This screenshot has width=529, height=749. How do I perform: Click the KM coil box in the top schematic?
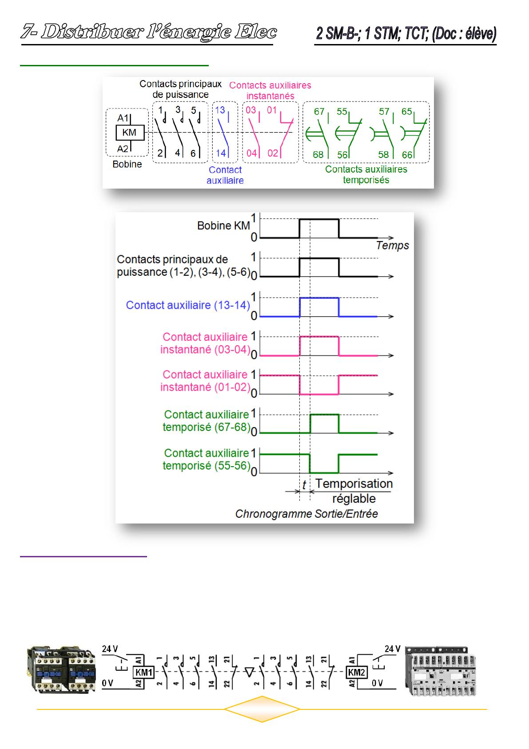point(129,133)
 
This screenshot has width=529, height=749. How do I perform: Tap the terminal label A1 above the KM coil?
point(123,118)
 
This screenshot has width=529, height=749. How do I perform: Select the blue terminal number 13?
point(220,110)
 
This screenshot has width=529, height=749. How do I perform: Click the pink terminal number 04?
point(252,153)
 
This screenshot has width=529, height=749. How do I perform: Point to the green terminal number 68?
point(318,155)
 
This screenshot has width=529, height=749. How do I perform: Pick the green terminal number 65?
point(407,112)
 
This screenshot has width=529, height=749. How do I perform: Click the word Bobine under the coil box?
point(127,165)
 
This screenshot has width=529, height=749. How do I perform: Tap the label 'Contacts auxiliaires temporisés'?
point(366,175)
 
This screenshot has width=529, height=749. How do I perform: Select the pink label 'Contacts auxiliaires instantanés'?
point(270,90)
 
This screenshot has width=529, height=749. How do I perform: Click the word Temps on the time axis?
point(392,246)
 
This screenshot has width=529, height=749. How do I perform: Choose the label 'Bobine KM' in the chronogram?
point(223,226)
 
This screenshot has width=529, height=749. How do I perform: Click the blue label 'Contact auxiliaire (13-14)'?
point(188,306)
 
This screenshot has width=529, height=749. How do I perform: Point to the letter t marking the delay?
point(304,485)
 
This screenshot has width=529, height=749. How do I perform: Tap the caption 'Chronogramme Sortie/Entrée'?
point(306,514)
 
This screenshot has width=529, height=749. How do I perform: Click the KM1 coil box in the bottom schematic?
point(143,672)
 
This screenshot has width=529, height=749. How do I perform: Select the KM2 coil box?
point(357,672)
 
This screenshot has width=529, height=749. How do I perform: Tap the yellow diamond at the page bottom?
point(262,709)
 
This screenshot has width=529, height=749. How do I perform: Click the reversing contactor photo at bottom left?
point(61,670)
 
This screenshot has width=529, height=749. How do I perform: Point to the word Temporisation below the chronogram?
point(354,484)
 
